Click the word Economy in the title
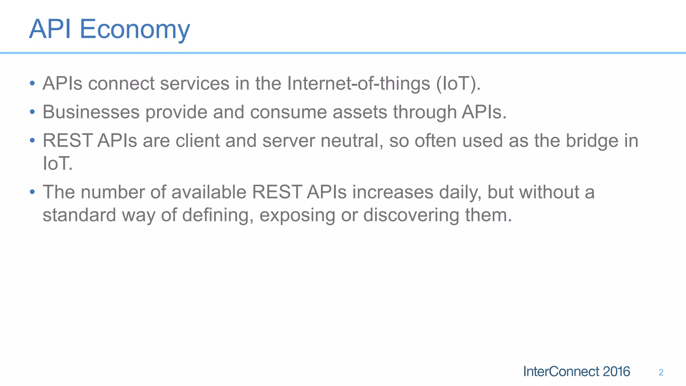[135, 29]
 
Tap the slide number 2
[661, 372]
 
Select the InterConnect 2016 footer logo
[576, 372]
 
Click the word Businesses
[91, 112]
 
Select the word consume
[288, 112]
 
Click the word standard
[79, 215]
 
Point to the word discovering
[411, 215]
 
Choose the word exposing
[297, 215]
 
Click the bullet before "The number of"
[32, 192]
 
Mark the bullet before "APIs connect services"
[32, 83]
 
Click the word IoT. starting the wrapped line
[57, 164]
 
